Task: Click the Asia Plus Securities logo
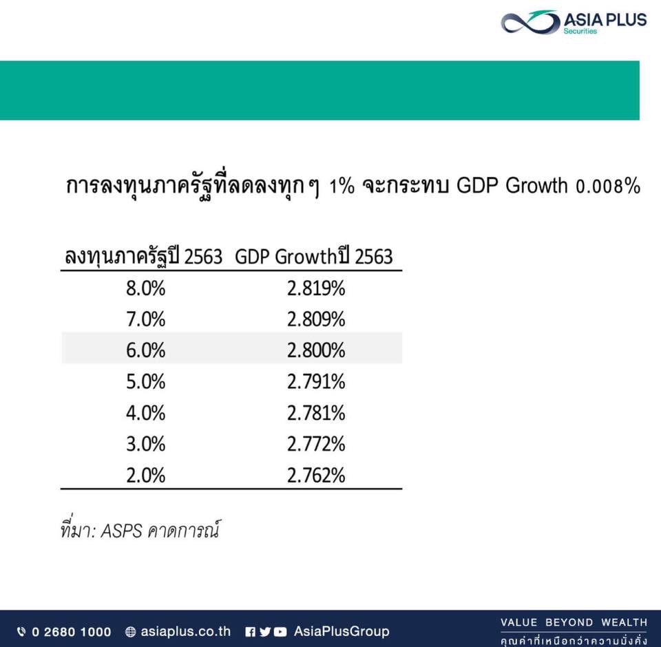point(574,21)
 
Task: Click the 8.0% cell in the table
point(145,288)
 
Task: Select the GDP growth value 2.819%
point(316,288)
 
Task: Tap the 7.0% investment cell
point(145,319)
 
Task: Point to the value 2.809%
point(316,319)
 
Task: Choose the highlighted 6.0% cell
point(145,350)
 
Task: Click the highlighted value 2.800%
point(316,350)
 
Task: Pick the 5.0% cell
point(145,381)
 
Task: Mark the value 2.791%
point(316,381)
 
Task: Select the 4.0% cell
point(145,413)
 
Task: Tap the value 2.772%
point(316,444)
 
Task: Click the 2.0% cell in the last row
point(145,475)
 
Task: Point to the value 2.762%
point(316,475)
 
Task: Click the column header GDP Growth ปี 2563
point(314,256)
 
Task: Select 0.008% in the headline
point(608,186)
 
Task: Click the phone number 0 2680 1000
point(71,632)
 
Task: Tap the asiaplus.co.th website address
point(185,631)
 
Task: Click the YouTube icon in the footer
point(280,632)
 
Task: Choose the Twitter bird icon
point(265,632)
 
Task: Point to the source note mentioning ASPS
point(140,529)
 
